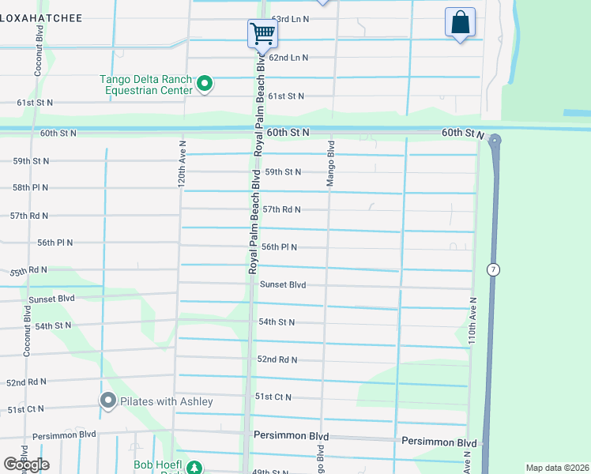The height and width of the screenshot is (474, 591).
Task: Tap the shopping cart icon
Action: click(262, 33)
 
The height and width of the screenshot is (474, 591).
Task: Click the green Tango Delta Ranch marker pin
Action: click(205, 83)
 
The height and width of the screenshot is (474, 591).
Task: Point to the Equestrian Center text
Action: click(149, 90)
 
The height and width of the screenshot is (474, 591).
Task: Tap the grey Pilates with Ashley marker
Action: click(108, 401)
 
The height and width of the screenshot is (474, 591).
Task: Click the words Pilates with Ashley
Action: click(166, 401)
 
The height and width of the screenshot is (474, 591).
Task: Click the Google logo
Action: click(26, 465)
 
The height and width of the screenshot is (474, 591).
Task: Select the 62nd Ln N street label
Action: click(288, 58)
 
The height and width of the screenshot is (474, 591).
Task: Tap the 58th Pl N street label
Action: click(30, 187)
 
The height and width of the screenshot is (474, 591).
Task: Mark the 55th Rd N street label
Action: click(28, 270)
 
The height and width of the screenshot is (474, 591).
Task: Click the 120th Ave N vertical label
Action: click(182, 164)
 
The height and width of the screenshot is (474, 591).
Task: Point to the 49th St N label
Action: click(271, 471)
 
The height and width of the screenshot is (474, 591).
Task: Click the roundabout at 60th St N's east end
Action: click(495, 141)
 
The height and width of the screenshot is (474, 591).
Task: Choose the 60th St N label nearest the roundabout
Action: click(462, 134)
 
